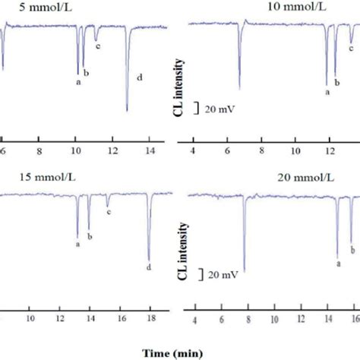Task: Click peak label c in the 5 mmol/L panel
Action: [x=98, y=46]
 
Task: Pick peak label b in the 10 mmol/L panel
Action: [x=336, y=82]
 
